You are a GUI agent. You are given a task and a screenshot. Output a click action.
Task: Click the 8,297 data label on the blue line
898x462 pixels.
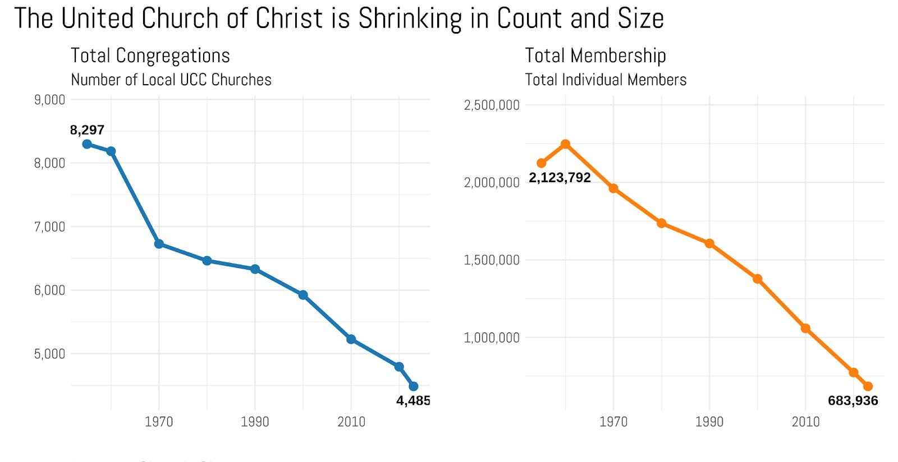pos(87,130)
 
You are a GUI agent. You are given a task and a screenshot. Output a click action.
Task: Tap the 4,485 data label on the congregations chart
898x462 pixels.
pos(413,400)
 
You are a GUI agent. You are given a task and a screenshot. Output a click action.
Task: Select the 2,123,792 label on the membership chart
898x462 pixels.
pos(560,178)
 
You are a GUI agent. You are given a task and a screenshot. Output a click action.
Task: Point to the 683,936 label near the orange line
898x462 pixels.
pos(853,400)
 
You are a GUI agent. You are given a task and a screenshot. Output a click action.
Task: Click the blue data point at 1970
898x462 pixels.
pos(159,244)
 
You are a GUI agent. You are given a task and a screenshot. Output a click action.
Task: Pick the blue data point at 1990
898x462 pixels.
pos(255,269)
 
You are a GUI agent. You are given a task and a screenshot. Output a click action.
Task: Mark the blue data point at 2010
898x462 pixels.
pos(351,339)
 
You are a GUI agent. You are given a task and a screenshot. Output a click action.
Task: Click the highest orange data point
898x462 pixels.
pos(566,144)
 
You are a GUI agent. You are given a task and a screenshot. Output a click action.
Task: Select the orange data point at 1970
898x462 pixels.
pos(613,188)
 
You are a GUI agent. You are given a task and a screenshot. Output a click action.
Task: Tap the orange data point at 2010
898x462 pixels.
pos(805,329)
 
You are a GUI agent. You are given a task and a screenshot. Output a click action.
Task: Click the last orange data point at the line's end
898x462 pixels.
pos(868,386)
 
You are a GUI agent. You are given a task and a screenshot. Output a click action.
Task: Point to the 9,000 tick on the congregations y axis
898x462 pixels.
pos(49,100)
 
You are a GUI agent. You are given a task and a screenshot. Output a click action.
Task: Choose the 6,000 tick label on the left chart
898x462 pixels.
pos(49,290)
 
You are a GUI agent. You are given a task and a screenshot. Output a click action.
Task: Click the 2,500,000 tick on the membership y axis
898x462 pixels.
pos(491,105)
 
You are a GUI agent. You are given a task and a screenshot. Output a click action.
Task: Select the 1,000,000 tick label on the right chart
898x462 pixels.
pos(491,338)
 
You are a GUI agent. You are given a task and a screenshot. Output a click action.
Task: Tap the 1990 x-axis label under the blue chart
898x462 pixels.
pos(255,422)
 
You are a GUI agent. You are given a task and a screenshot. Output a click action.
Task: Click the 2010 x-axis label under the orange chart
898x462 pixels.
pos(805,422)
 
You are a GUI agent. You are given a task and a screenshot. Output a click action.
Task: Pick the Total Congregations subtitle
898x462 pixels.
pos(150,56)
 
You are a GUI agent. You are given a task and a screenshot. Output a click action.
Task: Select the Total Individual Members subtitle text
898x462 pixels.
pos(606,80)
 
